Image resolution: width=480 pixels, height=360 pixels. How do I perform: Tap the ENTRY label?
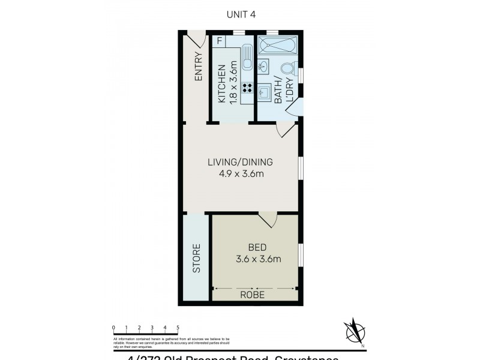(x=198, y=67)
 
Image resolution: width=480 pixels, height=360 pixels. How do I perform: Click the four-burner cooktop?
(x=247, y=88)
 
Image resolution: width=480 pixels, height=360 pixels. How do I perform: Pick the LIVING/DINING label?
(x=240, y=162)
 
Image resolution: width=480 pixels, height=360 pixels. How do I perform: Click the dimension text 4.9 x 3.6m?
(x=240, y=175)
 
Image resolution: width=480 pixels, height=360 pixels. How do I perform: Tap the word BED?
(x=257, y=247)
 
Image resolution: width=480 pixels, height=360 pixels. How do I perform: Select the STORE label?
(x=196, y=259)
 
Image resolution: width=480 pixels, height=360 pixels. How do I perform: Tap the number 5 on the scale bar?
(x=178, y=327)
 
